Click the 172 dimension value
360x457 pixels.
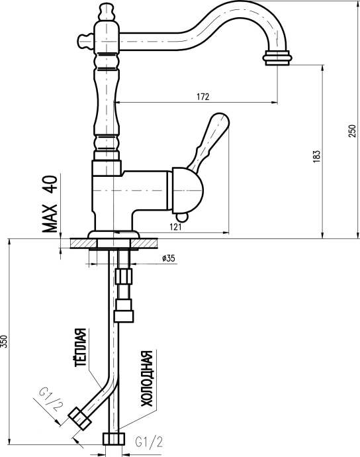point(203,97)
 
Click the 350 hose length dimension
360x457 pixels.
point(5,342)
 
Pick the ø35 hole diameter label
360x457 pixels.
point(168,258)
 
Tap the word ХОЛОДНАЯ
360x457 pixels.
point(147,378)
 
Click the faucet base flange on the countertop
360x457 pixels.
point(114,235)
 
